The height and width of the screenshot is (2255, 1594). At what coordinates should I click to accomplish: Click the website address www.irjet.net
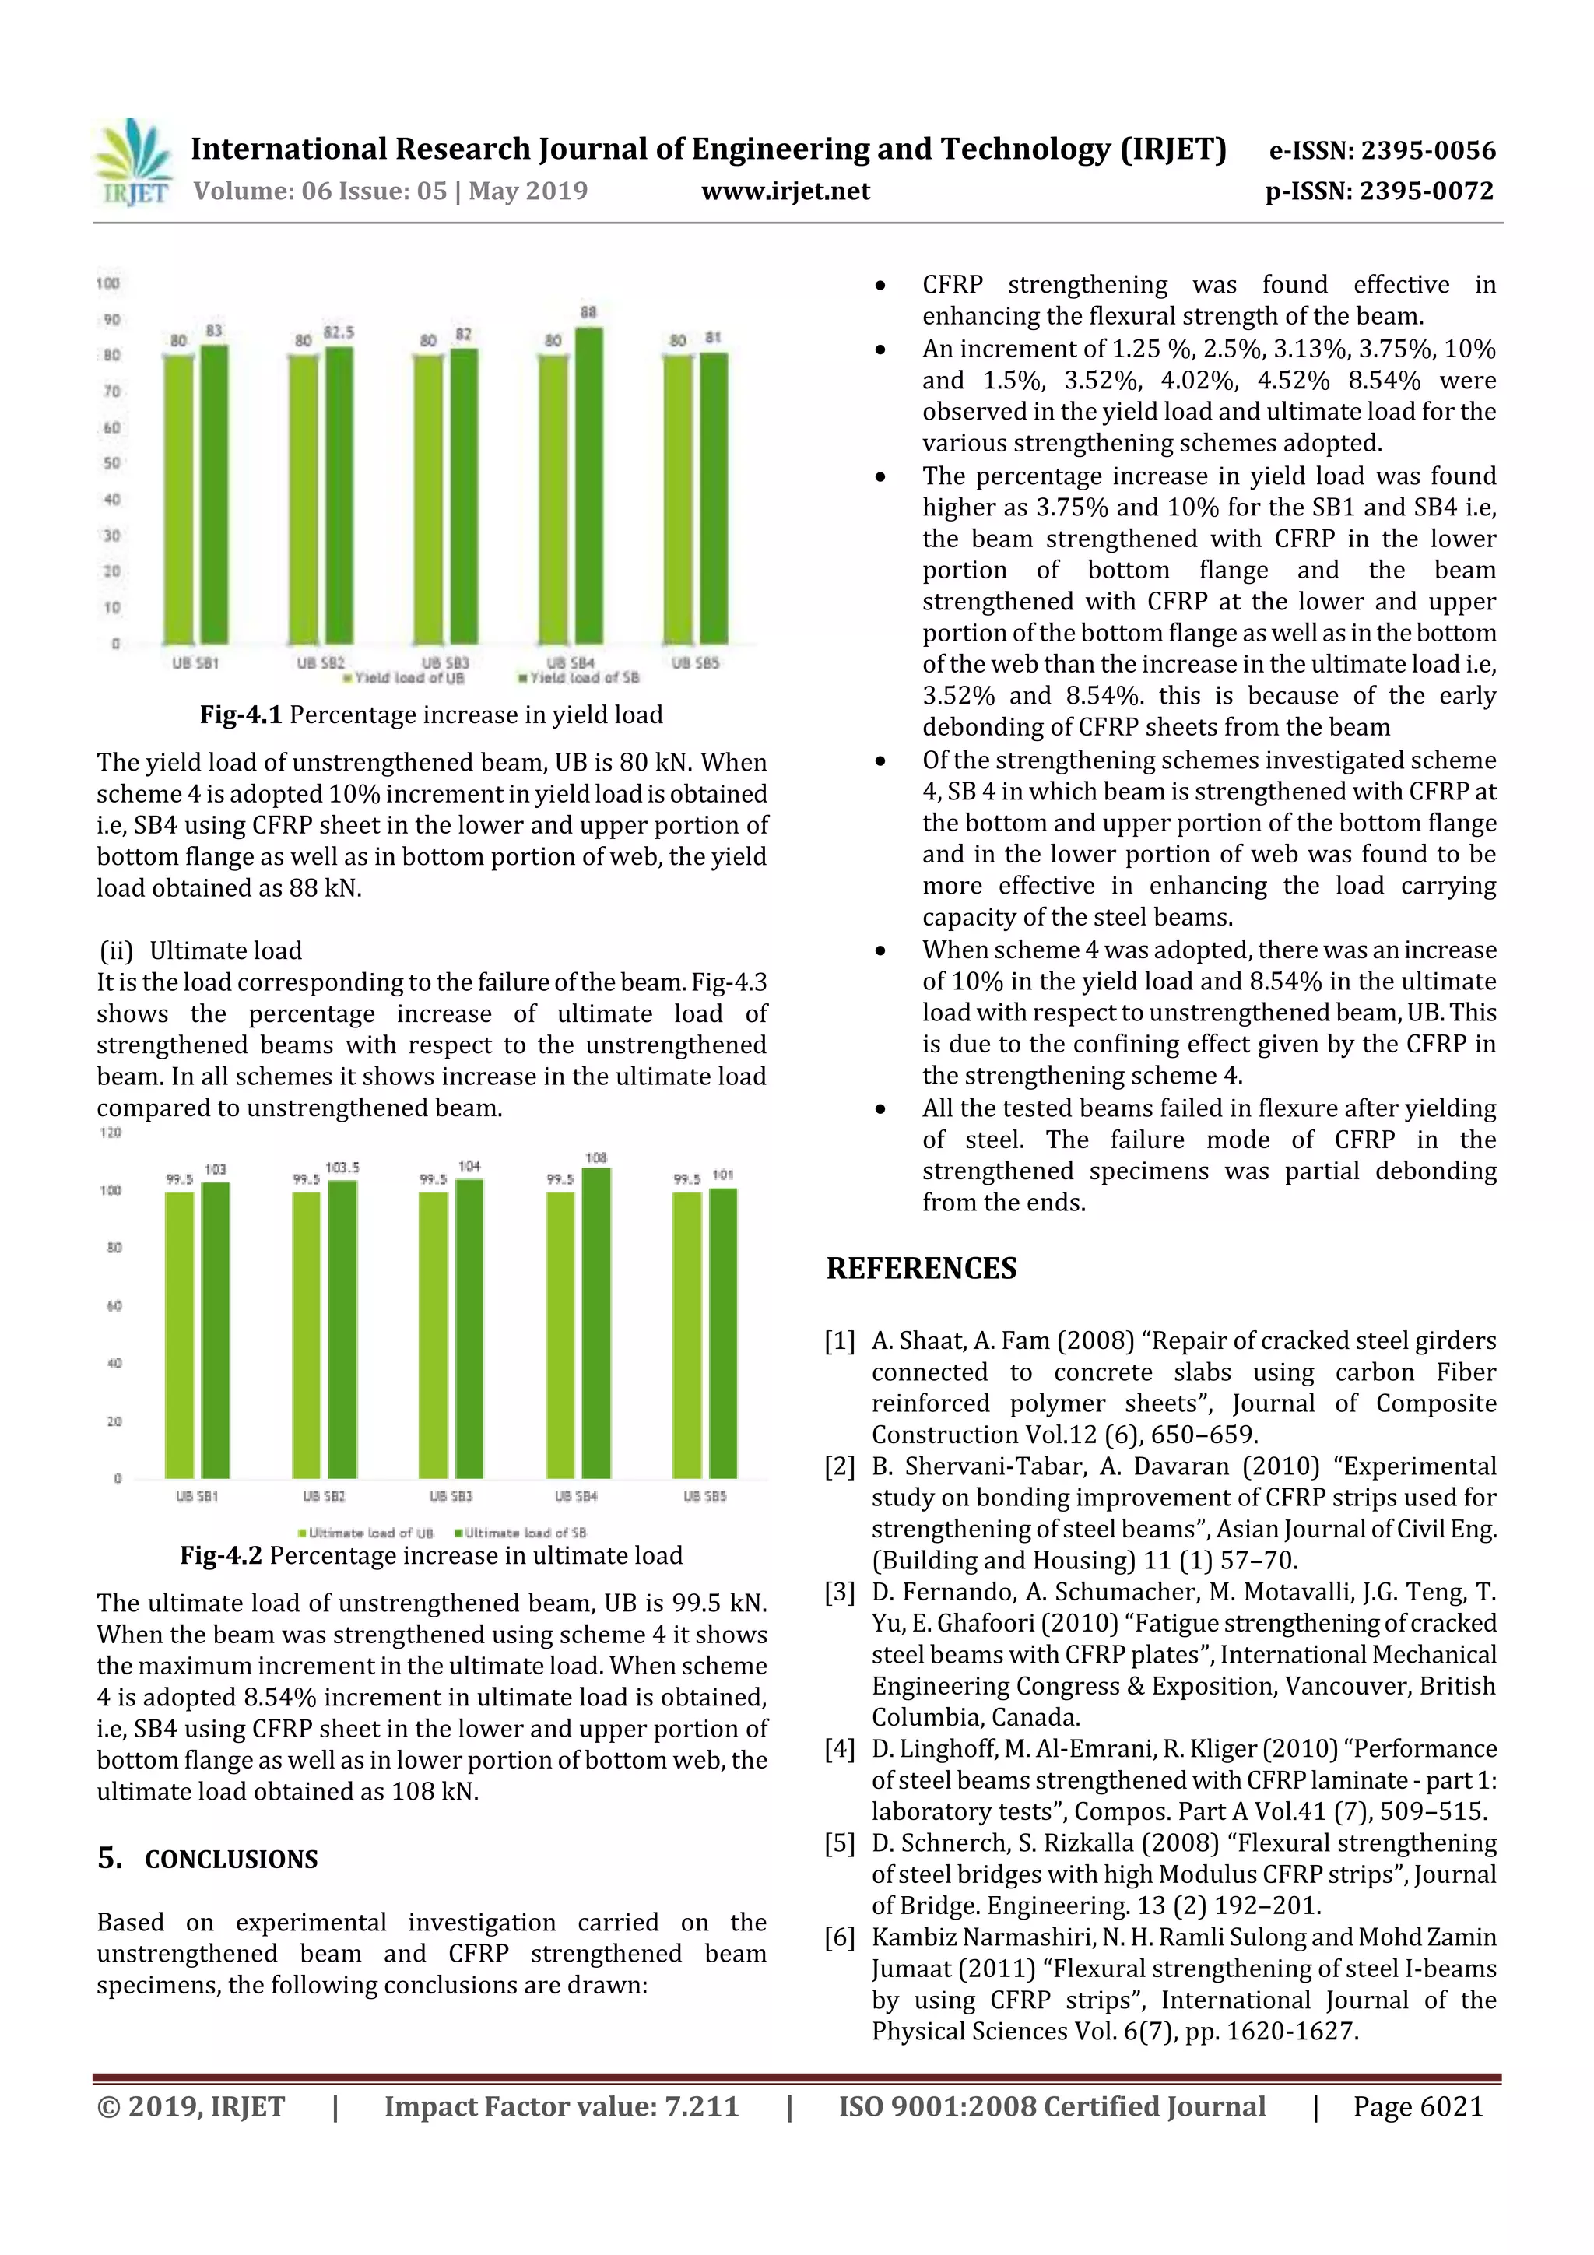(x=785, y=191)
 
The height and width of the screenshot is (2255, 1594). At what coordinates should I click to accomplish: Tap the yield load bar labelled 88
(x=588, y=486)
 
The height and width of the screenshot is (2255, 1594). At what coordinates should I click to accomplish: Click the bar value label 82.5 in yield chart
(x=339, y=333)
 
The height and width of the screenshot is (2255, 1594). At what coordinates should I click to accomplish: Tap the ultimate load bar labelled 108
(x=596, y=1321)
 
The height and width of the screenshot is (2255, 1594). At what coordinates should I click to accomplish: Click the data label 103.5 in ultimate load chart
(x=342, y=1168)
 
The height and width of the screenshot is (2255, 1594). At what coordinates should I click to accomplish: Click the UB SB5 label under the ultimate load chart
(x=704, y=1496)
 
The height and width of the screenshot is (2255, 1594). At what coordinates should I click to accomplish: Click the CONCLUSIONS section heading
(x=231, y=1860)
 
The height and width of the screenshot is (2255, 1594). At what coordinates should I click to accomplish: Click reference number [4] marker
(x=840, y=1748)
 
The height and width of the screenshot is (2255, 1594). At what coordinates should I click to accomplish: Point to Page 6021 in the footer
(x=1417, y=2106)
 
